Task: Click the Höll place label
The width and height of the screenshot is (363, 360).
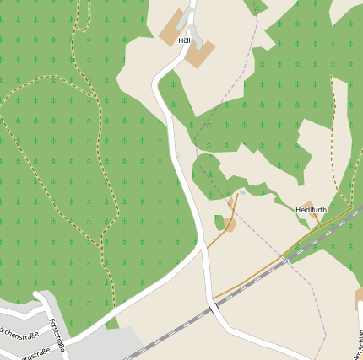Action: [x=184, y=40]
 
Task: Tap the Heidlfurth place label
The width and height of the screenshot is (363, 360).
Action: [x=311, y=209]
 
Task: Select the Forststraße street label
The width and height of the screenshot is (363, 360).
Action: [x=57, y=334]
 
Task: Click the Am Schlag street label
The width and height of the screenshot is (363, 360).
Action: [x=358, y=342]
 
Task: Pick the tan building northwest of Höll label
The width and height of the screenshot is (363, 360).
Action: [x=171, y=28]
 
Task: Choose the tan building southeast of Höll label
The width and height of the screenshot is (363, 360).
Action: [x=201, y=54]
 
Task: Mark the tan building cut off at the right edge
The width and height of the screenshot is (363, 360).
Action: [x=359, y=298]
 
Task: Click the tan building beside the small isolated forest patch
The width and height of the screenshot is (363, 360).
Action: [x=230, y=225]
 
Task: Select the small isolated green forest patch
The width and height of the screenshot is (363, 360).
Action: [x=219, y=223]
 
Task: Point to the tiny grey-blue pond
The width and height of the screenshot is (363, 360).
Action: [x=242, y=192]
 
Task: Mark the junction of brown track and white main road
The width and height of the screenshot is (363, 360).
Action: [x=205, y=248]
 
